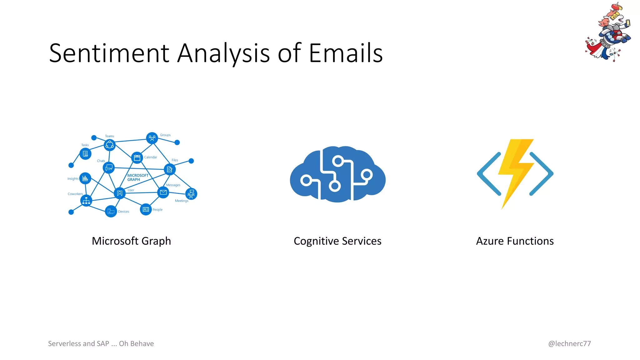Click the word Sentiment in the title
(x=109, y=53)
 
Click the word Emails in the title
(x=346, y=53)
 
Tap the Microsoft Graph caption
(x=131, y=241)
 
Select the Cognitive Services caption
(x=337, y=241)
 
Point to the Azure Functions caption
(x=515, y=241)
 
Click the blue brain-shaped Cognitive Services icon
(x=337, y=174)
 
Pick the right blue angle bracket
(x=542, y=174)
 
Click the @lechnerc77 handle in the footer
(x=569, y=343)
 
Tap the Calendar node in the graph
(x=137, y=158)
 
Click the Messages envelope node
(x=163, y=192)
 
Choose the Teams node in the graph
(x=110, y=145)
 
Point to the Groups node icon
(x=152, y=138)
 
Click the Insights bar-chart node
(x=85, y=178)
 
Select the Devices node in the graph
(x=111, y=212)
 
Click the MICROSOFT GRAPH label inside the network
(x=137, y=177)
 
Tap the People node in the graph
(x=146, y=209)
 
